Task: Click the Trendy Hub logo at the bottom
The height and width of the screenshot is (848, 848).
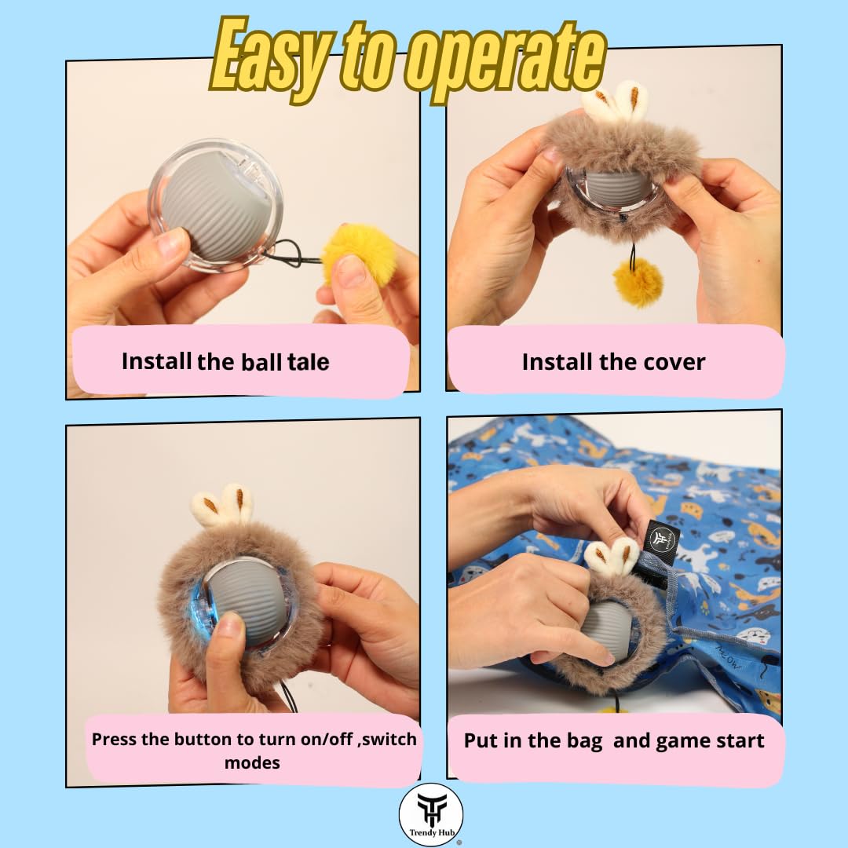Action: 431,814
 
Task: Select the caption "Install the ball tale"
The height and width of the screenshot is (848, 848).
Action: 225,361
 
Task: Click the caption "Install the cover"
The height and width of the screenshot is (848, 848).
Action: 613,362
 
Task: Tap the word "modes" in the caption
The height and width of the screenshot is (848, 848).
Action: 252,763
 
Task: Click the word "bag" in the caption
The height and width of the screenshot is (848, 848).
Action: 584,741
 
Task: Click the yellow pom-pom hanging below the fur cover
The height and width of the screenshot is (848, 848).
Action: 638,283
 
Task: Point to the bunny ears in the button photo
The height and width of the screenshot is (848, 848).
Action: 221,505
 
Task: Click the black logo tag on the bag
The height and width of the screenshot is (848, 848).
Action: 663,537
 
